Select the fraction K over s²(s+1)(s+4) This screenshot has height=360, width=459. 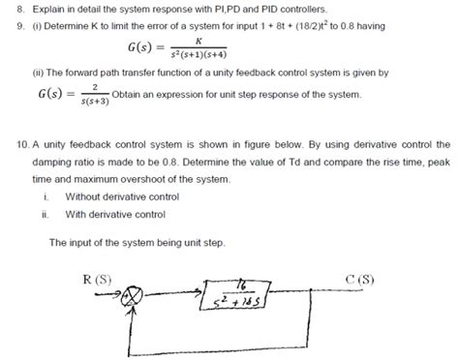[198, 48]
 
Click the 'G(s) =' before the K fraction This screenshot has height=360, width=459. [142, 48]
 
